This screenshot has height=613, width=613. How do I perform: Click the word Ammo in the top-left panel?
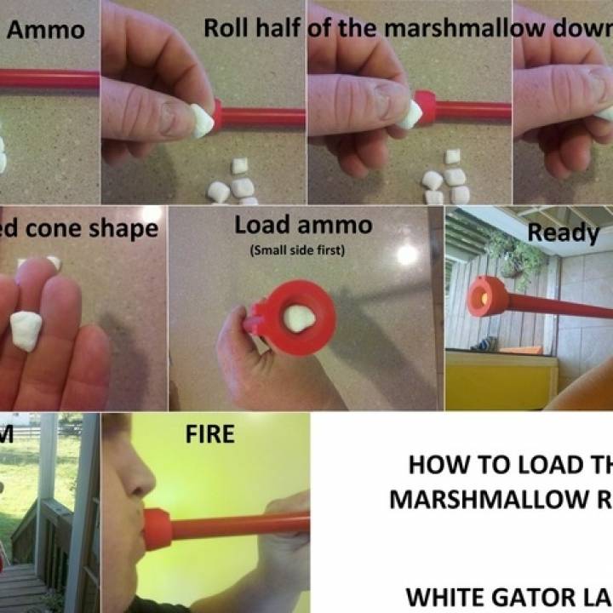[x=46, y=31]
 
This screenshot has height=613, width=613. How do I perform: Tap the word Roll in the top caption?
[x=227, y=27]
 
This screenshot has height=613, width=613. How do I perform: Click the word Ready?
[x=563, y=232]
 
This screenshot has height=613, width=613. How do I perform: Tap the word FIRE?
[x=209, y=434]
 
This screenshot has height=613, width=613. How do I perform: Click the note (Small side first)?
[x=303, y=250]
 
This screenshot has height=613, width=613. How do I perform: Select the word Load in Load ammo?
[x=261, y=225]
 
